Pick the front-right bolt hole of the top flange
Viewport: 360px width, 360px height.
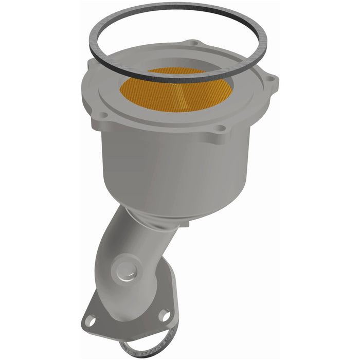[x=220, y=128]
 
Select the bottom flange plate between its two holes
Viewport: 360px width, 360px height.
[x=129, y=321]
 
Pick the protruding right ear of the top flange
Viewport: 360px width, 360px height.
[x=270, y=82]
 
